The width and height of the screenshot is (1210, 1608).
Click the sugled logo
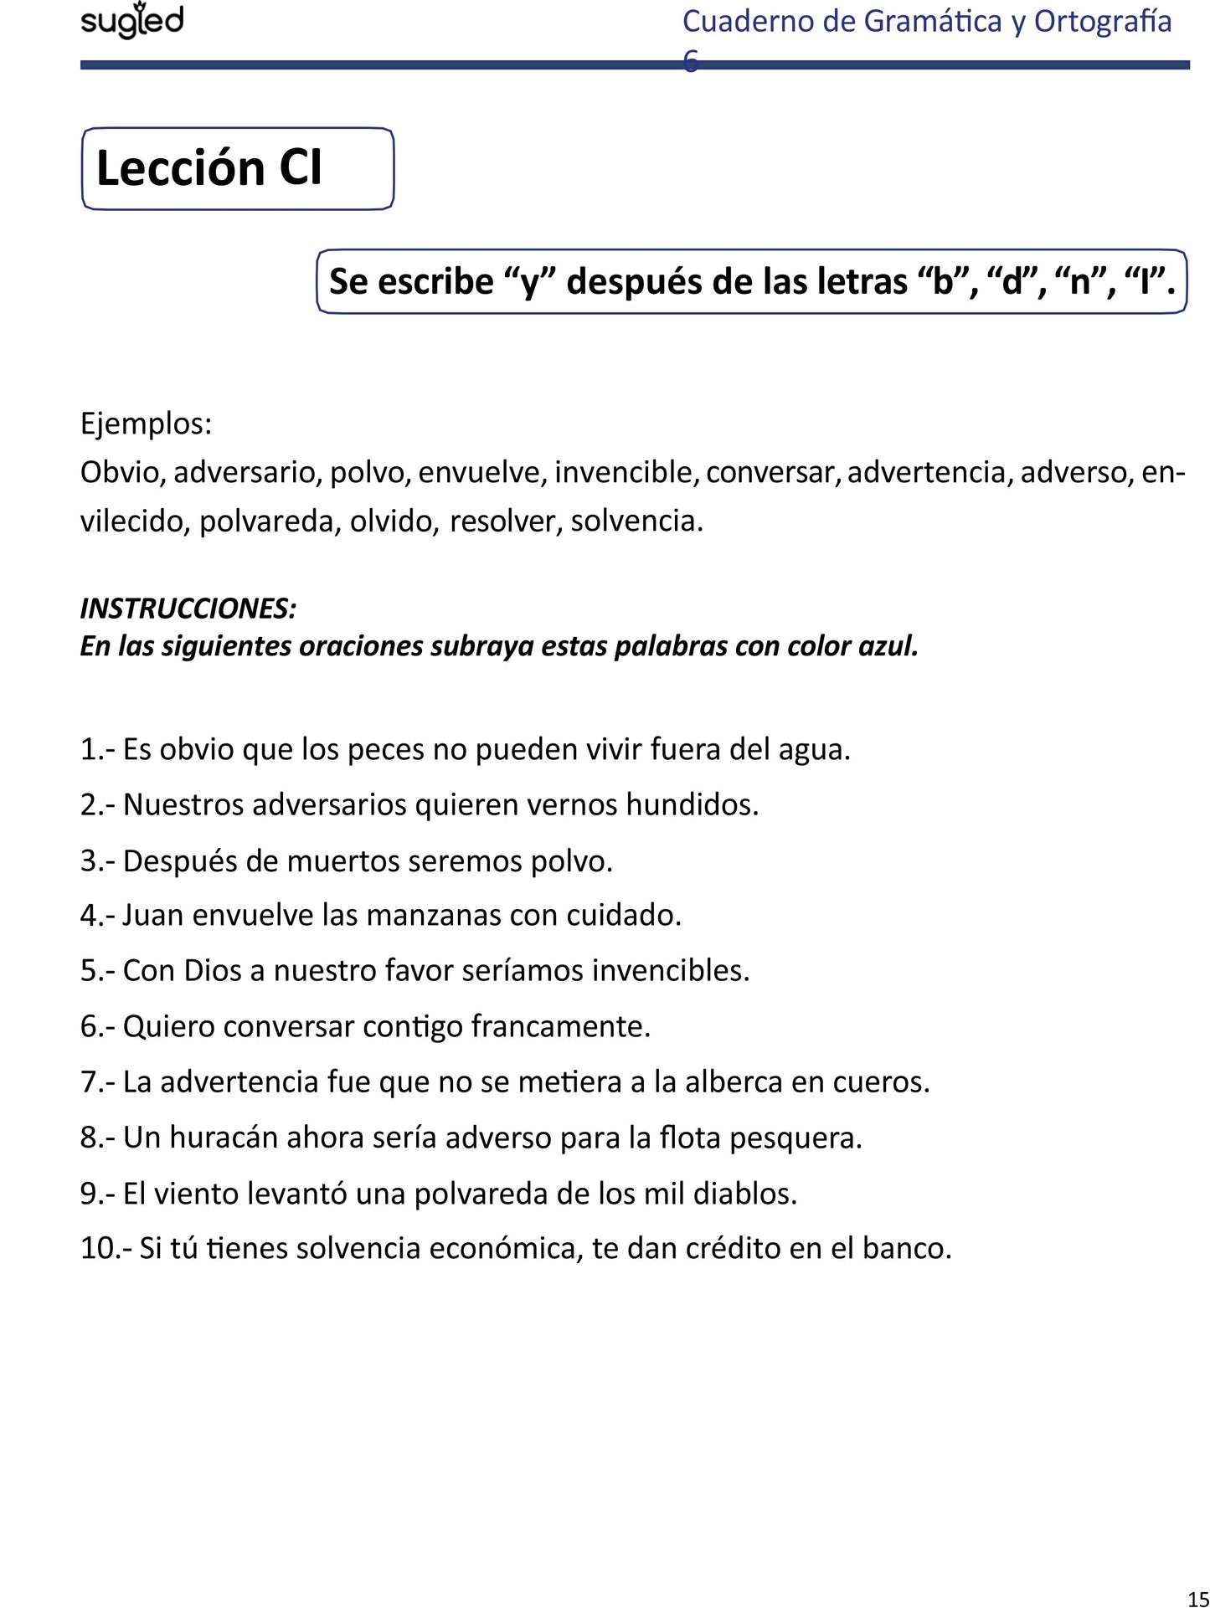click(131, 21)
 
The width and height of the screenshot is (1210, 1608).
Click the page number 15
click(1197, 1598)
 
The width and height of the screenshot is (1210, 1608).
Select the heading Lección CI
click(209, 167)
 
